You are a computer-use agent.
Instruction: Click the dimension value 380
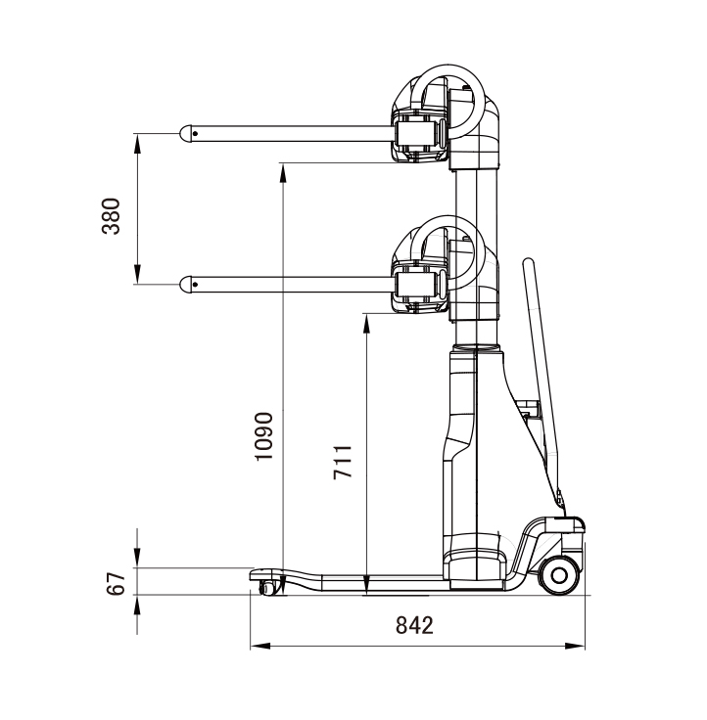(x=111, y=216)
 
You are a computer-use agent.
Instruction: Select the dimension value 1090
(x=264, y=436)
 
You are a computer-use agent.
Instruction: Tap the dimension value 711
(x=343, y=462)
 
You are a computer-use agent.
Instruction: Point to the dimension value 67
(x=116, y=584)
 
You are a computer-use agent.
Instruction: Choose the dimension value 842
(x=414, y=625)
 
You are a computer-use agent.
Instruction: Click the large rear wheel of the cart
(x=559, y=575)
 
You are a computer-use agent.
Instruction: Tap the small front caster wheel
(x=267, y=587)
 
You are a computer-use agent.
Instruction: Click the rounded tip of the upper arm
(x=185, y=133)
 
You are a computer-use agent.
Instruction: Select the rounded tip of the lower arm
(x=185, y=285)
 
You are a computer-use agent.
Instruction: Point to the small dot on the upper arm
(x=196, y=134)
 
